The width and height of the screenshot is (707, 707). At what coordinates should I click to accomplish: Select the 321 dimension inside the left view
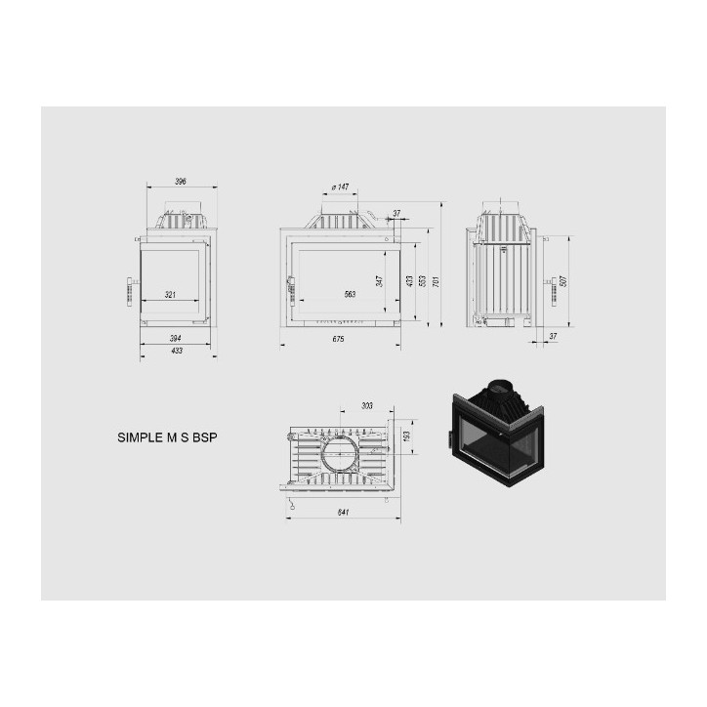(x=170, y=294)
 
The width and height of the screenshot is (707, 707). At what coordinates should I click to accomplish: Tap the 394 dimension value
(x=176, y=338)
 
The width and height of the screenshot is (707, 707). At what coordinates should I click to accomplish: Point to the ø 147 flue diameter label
(x=340, y=187)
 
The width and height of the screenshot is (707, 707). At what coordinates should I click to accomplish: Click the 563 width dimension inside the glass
(x=350, y=294)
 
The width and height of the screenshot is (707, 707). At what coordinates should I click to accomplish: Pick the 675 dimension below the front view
(x=338, y=339)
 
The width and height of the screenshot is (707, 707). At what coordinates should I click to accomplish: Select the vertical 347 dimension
(x=379, y=280)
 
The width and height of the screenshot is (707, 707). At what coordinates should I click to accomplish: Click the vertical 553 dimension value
(x=422, y=280)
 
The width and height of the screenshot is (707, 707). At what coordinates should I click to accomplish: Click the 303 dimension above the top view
(x=366, y=405)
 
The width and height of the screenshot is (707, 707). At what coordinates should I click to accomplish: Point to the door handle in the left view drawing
(x=129, y=292)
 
